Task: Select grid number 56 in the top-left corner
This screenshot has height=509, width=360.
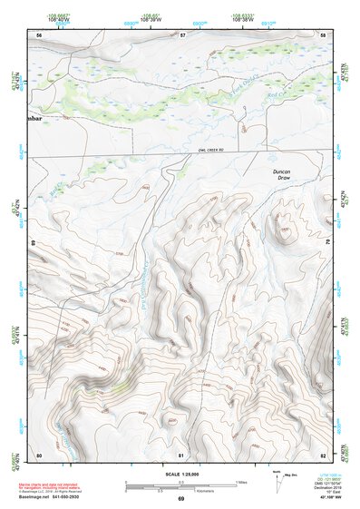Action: [x=39, y=34]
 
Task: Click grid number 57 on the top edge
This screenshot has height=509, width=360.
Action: [x=182, y=34]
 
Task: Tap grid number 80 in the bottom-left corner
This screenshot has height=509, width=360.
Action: [x=39, y=454]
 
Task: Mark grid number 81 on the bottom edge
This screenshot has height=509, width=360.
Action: [x=181, y=454]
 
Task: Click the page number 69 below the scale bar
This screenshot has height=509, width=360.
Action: [x=180, y=499]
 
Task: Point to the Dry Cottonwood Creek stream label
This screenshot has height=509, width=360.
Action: [x=146, y=272]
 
